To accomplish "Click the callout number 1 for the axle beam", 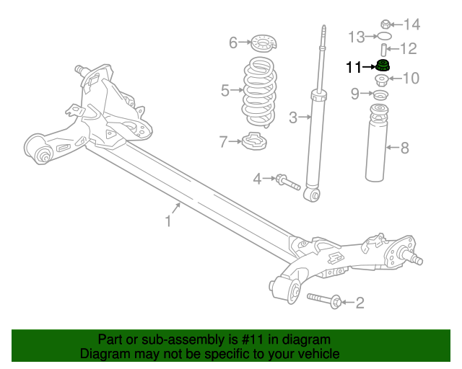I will (x=168, y=221).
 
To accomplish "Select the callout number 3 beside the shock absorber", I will (x=293, y=117).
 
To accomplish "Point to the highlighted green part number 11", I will (x=384, y=66).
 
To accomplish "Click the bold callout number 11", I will (x=354, y=68).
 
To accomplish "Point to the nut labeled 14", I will (x=385, y=24).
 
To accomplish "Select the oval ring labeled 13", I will (x=385, y=35).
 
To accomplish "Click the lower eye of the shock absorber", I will (x=313, y=195).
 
